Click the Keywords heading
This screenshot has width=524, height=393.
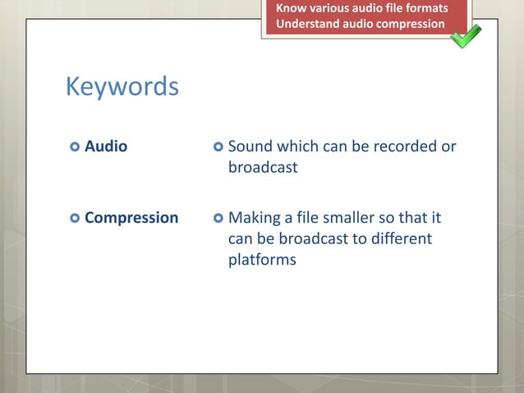coord(122,86)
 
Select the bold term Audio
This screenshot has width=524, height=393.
coord(106,146)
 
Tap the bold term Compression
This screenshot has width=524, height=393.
coord(131,218)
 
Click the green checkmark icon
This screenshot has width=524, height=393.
coord(466,35)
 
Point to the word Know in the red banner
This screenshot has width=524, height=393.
coord(290,8)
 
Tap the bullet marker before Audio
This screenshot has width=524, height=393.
coord(75,147)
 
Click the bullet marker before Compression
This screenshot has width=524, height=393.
coord(75,219)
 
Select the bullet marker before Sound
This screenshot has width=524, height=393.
coord(218,147)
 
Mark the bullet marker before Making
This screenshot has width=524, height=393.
coord(218,219)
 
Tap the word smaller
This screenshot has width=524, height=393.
coord(352,218)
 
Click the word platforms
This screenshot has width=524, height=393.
coord(262,260)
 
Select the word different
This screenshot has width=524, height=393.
coord(398,238)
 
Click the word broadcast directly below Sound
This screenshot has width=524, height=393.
coord(263,167)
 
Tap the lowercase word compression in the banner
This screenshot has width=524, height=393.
coord(411,24)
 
